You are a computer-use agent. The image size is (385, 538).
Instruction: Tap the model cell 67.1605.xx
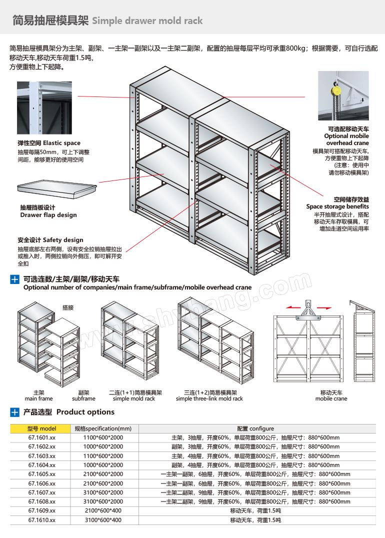[x=42, y=474]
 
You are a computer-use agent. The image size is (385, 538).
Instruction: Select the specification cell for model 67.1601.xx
[x=103, y=437]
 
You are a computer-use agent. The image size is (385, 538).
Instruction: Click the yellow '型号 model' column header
[x=42, y=428]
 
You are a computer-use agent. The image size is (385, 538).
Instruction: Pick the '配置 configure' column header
[x=255, y=428]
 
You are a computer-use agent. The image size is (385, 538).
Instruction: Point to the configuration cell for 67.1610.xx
[x=255, y=520]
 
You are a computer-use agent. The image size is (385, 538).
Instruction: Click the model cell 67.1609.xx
[x=42, y=511]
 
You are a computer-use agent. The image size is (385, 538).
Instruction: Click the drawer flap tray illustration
[x=56, y=187]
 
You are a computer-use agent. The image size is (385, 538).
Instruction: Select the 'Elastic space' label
[x=49, y=143]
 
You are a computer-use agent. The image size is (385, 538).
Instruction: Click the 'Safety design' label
[x=50, y=240]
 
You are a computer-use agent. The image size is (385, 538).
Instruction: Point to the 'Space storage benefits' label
[x=337, y=206]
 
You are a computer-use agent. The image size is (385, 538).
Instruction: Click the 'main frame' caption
[x=38, y=398]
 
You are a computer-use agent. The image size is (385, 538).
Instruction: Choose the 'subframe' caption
[x=83, y=398]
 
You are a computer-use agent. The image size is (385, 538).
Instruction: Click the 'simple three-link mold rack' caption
[x=209, y=398]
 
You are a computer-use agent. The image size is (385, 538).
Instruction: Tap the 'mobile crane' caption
[x=331, y=398]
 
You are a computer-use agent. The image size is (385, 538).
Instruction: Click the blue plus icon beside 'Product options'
[x=15, y=412]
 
